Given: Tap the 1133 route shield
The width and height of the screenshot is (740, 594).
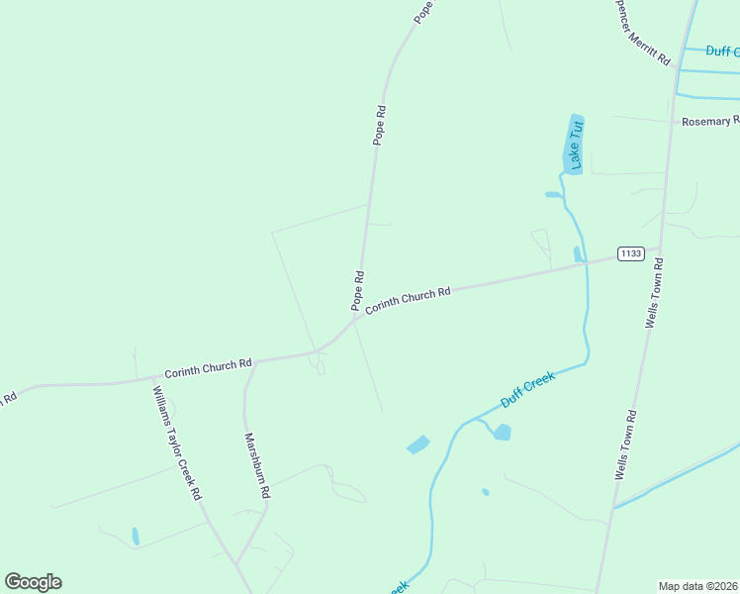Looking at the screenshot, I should (x=630, y=253).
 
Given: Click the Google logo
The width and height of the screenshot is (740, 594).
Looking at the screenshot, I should (x=33, y=582).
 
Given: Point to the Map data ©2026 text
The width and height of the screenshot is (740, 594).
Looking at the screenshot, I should (x=697, y=586).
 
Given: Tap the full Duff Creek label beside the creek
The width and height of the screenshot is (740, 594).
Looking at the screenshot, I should (x=527, y=387).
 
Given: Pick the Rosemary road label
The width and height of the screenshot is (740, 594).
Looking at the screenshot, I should (x=710, y=122).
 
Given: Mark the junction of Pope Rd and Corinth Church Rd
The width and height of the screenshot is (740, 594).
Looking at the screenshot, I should (x=357, y=318).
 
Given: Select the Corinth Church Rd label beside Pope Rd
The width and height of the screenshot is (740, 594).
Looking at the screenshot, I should (x=408, y=301).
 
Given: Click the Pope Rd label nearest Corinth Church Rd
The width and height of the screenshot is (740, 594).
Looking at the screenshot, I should (x=358, y=289).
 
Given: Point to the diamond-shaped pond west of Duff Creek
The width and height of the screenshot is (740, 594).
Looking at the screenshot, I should (x=417, y=445).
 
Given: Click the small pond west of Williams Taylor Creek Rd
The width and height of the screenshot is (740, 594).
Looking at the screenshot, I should (x=136, y=537).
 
